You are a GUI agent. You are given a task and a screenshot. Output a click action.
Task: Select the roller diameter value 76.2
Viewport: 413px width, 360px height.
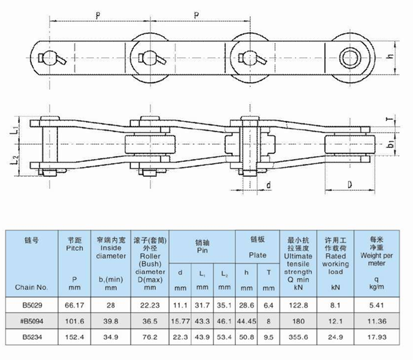pos(150,337)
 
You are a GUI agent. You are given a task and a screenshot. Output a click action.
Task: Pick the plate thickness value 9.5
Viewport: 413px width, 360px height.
pos(269,337)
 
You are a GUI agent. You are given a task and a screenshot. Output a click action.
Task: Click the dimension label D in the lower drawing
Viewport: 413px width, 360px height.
pos(350,185)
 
